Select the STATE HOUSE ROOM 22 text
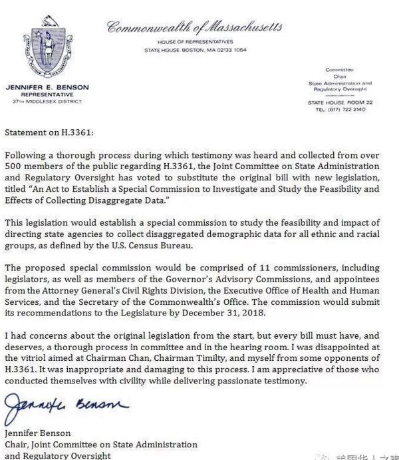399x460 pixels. [x=339, y=103]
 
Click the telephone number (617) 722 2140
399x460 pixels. [x=340, y=110]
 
